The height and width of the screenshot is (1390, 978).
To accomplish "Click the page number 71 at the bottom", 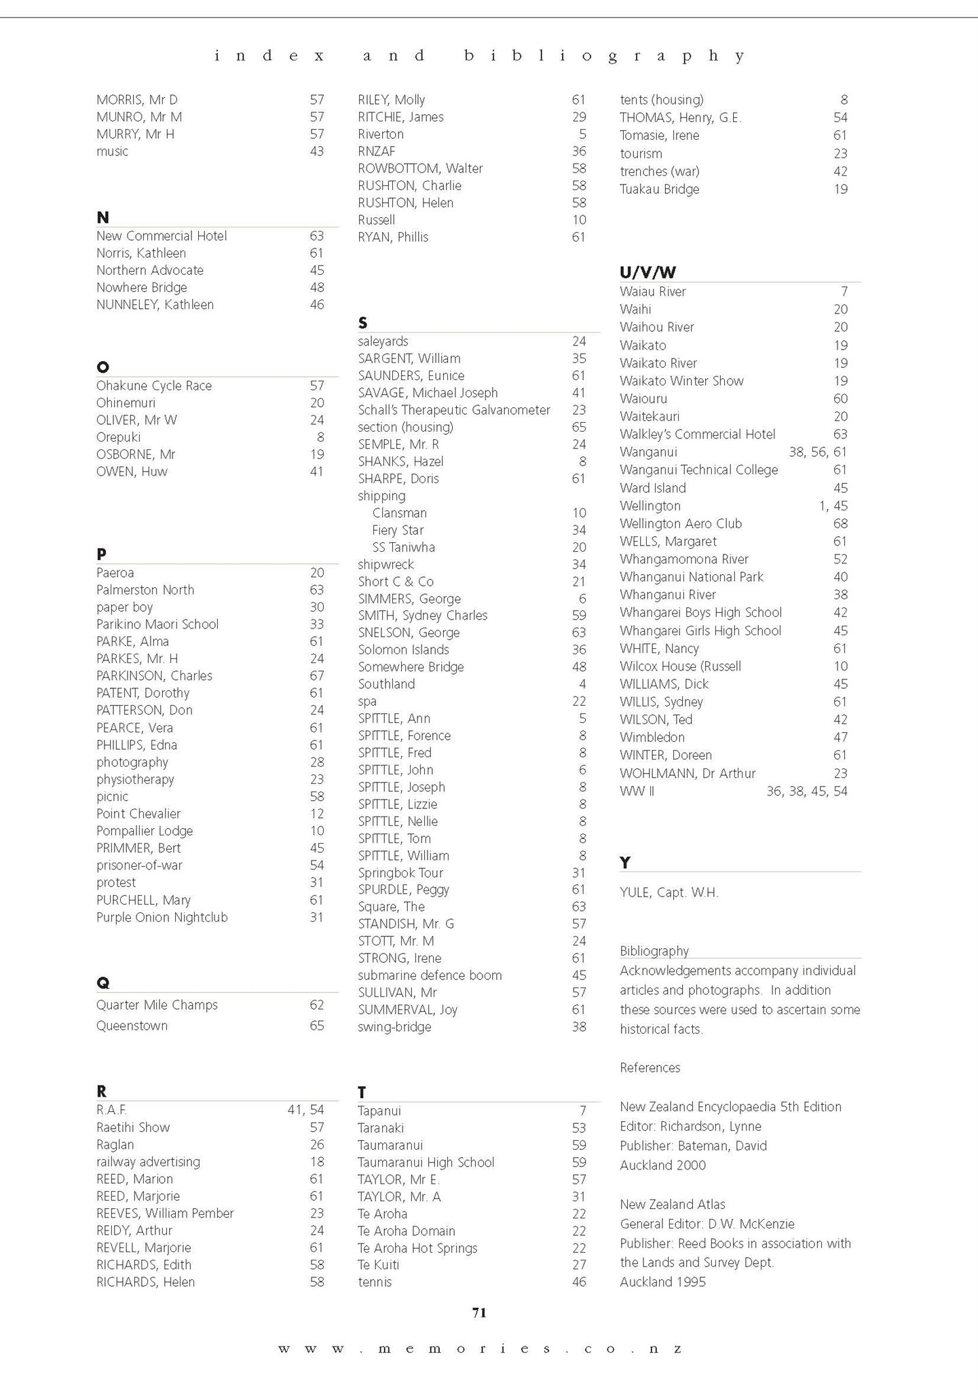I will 479,1313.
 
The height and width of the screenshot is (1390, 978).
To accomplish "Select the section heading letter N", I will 103,218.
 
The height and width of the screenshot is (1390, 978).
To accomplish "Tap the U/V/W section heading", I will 647,272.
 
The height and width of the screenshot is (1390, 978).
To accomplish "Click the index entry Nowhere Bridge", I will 141,288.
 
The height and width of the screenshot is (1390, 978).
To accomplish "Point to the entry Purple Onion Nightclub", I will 162,918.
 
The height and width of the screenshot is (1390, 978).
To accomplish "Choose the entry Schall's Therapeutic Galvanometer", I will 453,410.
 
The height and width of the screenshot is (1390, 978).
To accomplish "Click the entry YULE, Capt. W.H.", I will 669,893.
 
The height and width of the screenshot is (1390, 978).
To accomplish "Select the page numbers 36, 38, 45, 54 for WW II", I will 806,791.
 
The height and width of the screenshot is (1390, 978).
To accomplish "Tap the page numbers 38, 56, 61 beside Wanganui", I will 818,452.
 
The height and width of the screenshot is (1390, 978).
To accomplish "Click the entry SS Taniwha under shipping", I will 403,547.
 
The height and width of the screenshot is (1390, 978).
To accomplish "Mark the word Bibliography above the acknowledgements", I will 654,951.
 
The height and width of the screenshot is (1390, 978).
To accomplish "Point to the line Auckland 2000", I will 662,1165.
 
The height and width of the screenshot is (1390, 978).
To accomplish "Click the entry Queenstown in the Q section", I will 132,1026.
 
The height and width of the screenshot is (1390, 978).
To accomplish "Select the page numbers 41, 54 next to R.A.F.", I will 305,1110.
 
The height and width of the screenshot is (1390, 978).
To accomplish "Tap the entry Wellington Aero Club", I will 681,523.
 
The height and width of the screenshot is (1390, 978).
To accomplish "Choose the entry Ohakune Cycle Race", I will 154,386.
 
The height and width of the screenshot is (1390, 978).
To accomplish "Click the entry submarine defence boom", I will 430,975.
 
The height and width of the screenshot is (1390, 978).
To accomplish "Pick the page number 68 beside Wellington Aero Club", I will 840,523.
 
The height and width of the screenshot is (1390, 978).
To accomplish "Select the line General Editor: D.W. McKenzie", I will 707,1224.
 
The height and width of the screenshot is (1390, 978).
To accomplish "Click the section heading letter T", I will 362,1092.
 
